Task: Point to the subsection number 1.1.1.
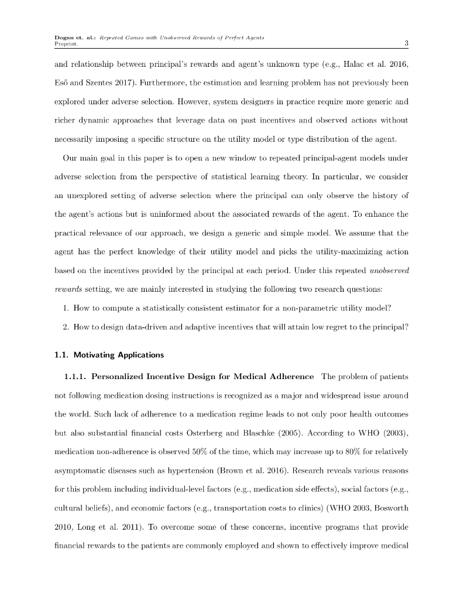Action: tap(74, 376)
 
